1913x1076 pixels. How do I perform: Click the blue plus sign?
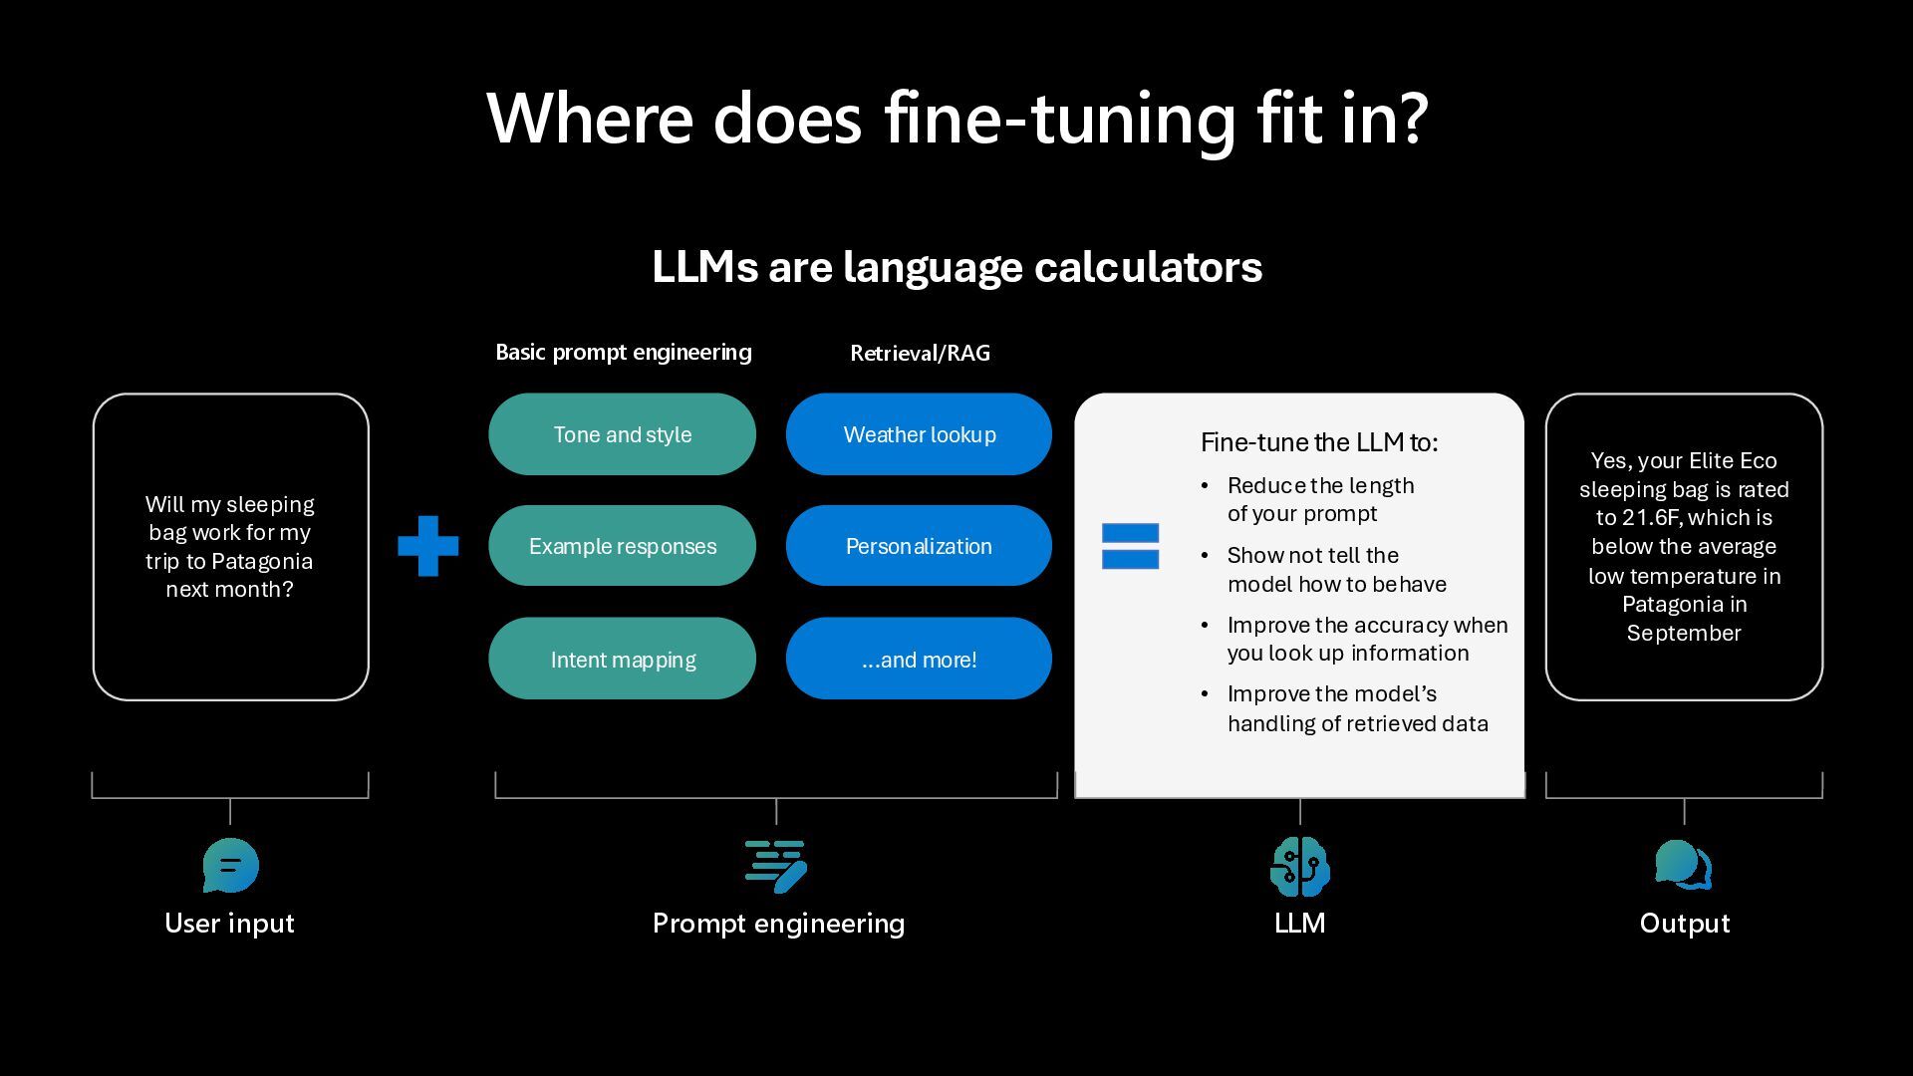(x=428, y=546)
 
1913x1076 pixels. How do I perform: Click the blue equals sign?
(x=1130, y=546)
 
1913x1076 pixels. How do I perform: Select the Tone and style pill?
(x=622, y=434)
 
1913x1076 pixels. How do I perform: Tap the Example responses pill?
(x=622, y=546)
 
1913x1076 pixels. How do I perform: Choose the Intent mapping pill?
(x=622, y=659)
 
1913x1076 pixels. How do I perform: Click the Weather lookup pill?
(x=919, y=434)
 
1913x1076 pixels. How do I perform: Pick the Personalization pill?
(x=919, y=546)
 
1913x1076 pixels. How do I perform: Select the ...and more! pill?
(x=919, y=659)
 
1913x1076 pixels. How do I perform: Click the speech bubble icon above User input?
(x=230, y=865)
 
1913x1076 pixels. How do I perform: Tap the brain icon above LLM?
(x=1299, y=866)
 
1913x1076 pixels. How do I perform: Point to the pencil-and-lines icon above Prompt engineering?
(x=776, y=866)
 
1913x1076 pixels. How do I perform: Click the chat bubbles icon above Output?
(x=1683, y=865)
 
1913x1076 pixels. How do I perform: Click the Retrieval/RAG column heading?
(x=920, y=353)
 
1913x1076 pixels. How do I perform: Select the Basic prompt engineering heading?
(x=624, y=352)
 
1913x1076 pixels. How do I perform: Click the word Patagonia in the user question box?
(x=262, y=561)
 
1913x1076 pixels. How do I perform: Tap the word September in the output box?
(x=1684, y=633)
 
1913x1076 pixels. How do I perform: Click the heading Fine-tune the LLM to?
(x=1319, y=442)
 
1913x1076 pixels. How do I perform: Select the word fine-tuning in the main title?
(x=1060, y=118)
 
